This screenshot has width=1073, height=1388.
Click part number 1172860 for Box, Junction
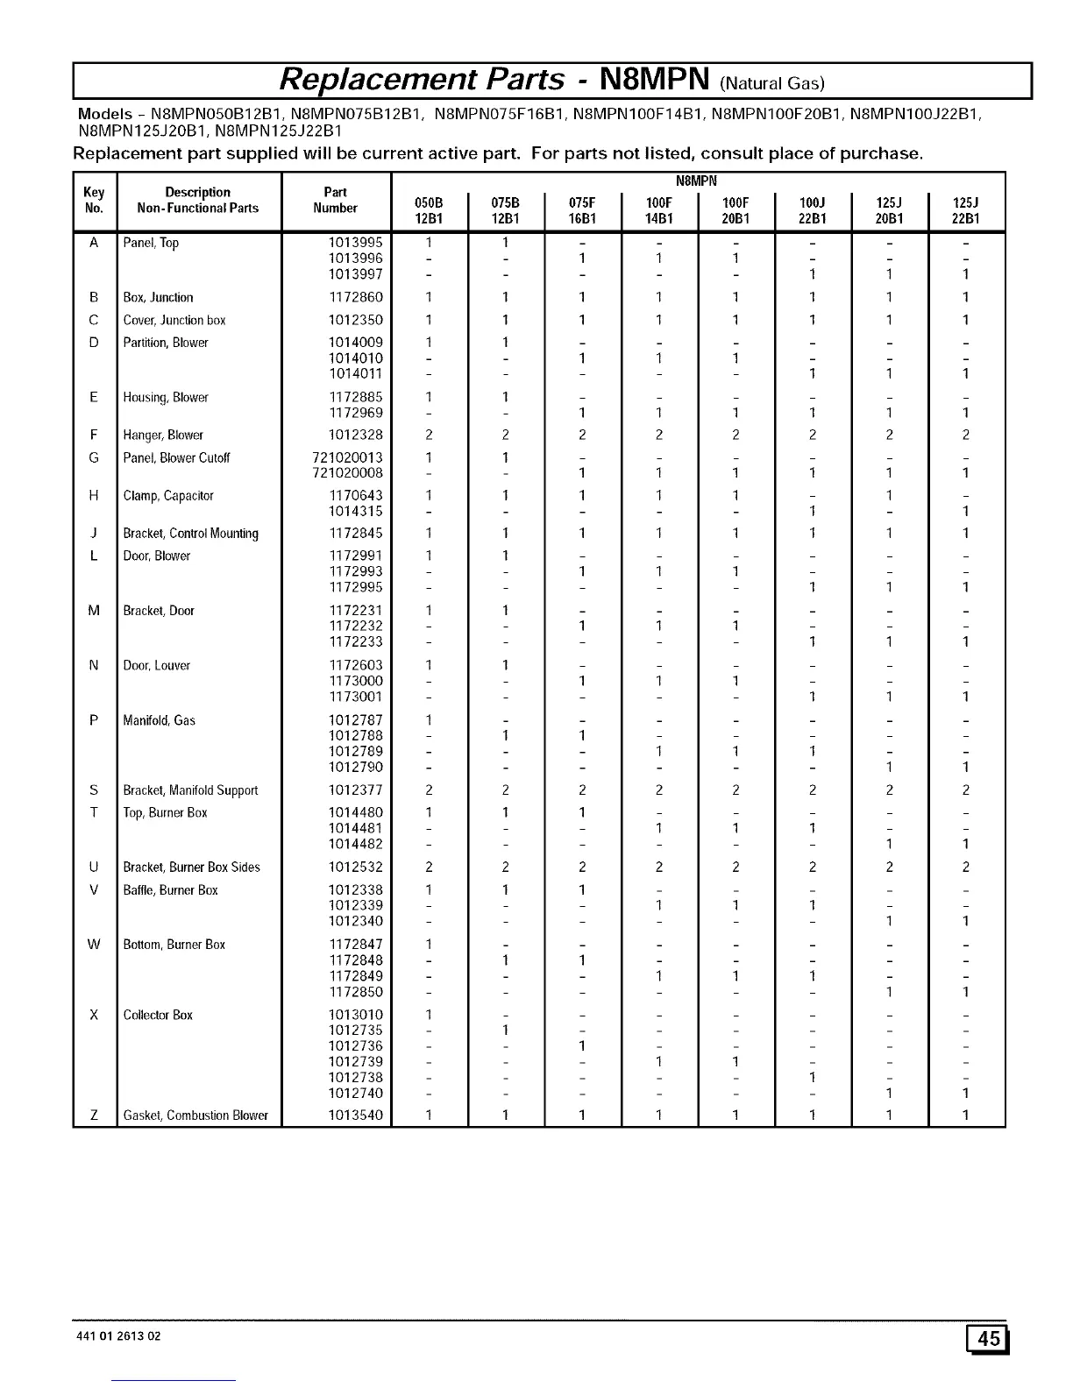point(355,298)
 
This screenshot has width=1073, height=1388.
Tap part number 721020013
point(347,457)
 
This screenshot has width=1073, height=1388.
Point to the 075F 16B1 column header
point(581,210)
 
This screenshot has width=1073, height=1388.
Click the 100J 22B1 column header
point(813,210)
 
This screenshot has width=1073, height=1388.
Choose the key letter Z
point(93,1115)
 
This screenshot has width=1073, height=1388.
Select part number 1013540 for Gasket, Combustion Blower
point(355,1115)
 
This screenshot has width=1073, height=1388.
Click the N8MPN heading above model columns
point(697,181)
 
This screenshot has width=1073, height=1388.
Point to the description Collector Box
point(158,1015)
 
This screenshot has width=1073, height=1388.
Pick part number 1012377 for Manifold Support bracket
point(355,790)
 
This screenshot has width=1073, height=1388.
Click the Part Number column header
point(336,201)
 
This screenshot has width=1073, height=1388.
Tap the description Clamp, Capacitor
point(168,496)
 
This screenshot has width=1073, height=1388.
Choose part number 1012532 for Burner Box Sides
point(355,867)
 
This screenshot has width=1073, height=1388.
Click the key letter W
point(93,945)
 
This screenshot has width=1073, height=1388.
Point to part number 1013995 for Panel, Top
point(355,243)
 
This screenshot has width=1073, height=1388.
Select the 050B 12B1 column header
point(429,210)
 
